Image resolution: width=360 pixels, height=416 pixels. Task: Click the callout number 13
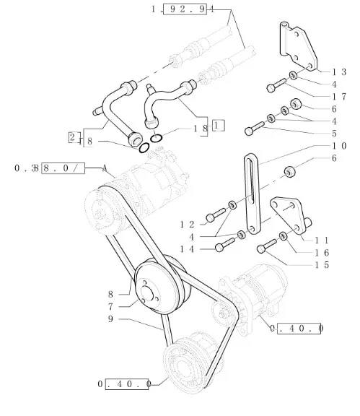pos(340,72)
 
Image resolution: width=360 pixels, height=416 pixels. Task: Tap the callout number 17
pos(340,97)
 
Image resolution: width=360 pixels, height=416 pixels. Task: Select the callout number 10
pos(340,146)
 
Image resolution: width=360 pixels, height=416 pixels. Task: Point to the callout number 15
pos(322,265)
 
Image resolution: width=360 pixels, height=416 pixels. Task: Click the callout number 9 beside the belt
pos(111,319)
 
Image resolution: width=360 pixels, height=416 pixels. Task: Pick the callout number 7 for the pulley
pos(111,307)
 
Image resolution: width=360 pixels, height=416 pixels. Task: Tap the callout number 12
pos(187,225)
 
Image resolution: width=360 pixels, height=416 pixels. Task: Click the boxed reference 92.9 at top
pos(185,9)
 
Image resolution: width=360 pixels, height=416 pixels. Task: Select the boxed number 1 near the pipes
pos(219,126)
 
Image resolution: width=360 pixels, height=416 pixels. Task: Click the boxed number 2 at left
pos(73,138)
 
